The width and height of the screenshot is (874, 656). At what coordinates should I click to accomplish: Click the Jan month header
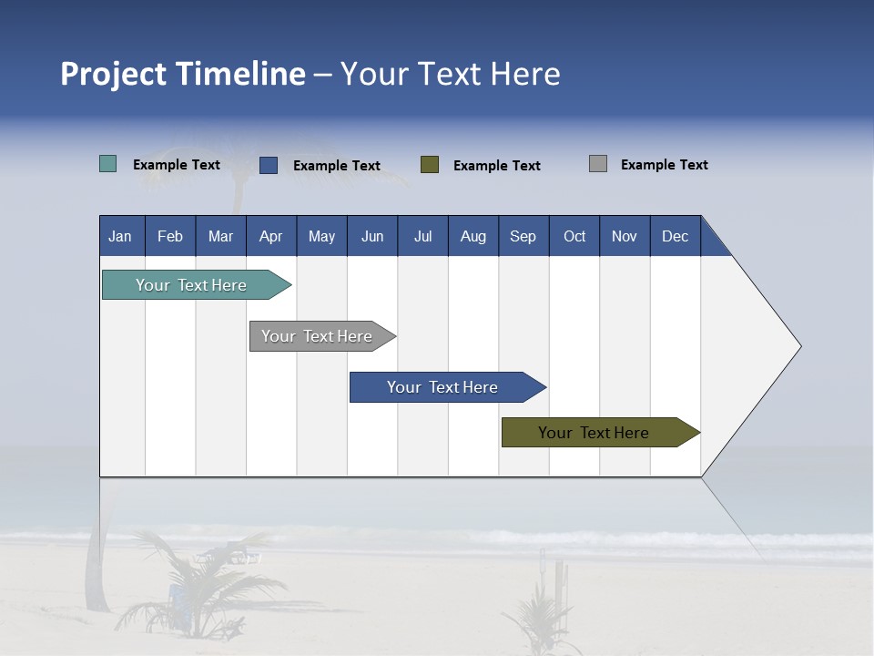(x=120, y=236)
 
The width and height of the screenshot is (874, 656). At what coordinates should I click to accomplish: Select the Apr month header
(x=270, y=236)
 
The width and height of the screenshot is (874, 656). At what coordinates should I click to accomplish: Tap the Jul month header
(x=422, y=236)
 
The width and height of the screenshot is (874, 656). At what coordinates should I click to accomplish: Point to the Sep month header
(x=523, y=236)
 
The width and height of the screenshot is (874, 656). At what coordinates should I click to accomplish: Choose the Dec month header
(x=675, y=236)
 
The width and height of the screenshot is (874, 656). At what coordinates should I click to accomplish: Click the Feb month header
(x=170, y=236)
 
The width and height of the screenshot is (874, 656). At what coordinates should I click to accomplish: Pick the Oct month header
(x=574, y=236)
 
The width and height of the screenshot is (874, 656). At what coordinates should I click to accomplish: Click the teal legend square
(x=107, y=164)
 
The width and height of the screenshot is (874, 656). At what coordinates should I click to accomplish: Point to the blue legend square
(x=269, y=165)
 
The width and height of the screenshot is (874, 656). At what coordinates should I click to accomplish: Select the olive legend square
(x=430, y=165)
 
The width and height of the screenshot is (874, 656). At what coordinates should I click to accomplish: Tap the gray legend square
(x=598, y=164)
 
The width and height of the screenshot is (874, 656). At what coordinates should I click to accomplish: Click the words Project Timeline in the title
(x=183, y=74)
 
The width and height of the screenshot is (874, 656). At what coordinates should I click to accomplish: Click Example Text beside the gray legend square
(x=664, y=165)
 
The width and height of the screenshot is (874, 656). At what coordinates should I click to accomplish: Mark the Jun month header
(x=372, y=236)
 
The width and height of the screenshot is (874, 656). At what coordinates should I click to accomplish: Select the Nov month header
(x=625, y=236)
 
